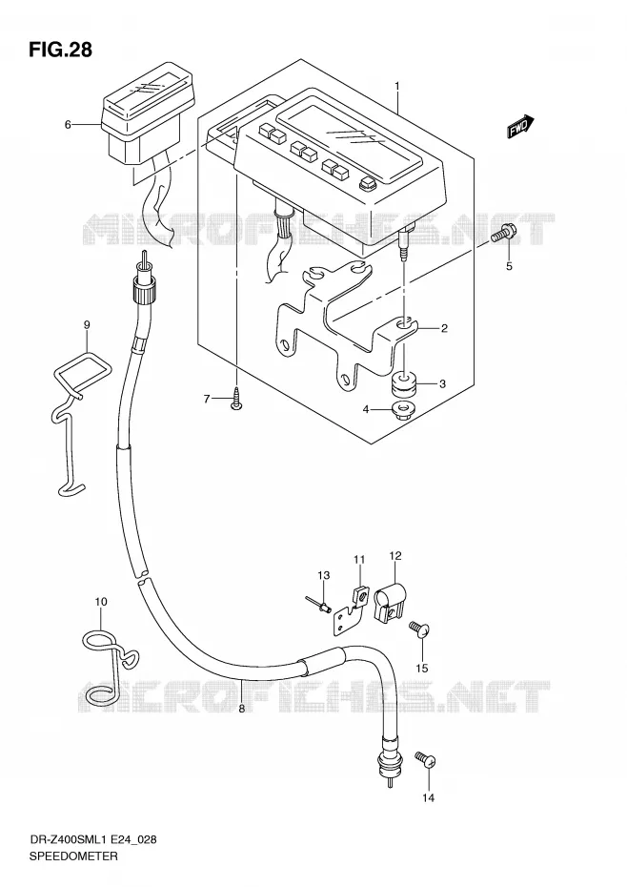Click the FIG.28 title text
[x=60, y=50]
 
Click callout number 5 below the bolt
[x=509, y=266]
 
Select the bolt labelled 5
[x=500, y=236]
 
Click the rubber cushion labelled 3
[x=404, y=383]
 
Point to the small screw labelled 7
[x=237, y=400]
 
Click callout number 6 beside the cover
[x=68, y=124]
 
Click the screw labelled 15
[x=419, y=629]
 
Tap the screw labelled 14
[x=426, y=759]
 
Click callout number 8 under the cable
[x=241, y=709]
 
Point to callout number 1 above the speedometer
[x=397, y=86]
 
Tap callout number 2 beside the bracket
[x=444, y=328]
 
